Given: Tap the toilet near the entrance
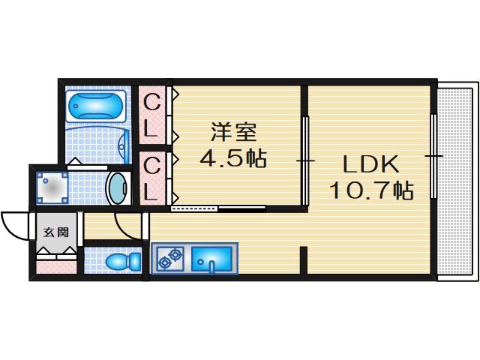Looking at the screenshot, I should click(x=121, y=262).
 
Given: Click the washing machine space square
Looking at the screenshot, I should click(x=52, y=187).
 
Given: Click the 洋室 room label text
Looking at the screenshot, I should click(x=234, y=133).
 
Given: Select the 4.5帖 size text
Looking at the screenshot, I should click(x=233, y=159).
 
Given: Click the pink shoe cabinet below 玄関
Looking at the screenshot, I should click(x=56, y=265).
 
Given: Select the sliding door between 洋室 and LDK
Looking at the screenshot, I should click(x=304, y=160).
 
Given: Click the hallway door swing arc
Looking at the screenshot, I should click(x=126, y=225).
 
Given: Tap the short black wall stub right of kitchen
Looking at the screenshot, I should click(x=303, y=261).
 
